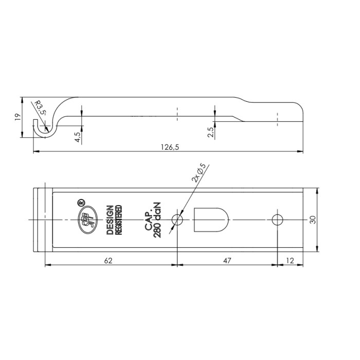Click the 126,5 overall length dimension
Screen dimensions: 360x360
[x=170, y=147]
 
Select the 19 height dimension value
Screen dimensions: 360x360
[x=17, y=117]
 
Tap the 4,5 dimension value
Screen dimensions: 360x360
[x=78, y=137]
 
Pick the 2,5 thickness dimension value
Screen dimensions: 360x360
[x=211, y=132]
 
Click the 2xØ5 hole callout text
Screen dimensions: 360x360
[x=199, y=173]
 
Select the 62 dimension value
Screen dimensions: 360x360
[x=109, y=261]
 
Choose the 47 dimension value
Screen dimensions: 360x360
[x=227, y=261]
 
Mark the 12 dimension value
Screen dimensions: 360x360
[x=290, y=261]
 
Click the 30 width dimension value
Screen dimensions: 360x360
[x=313, y=220]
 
